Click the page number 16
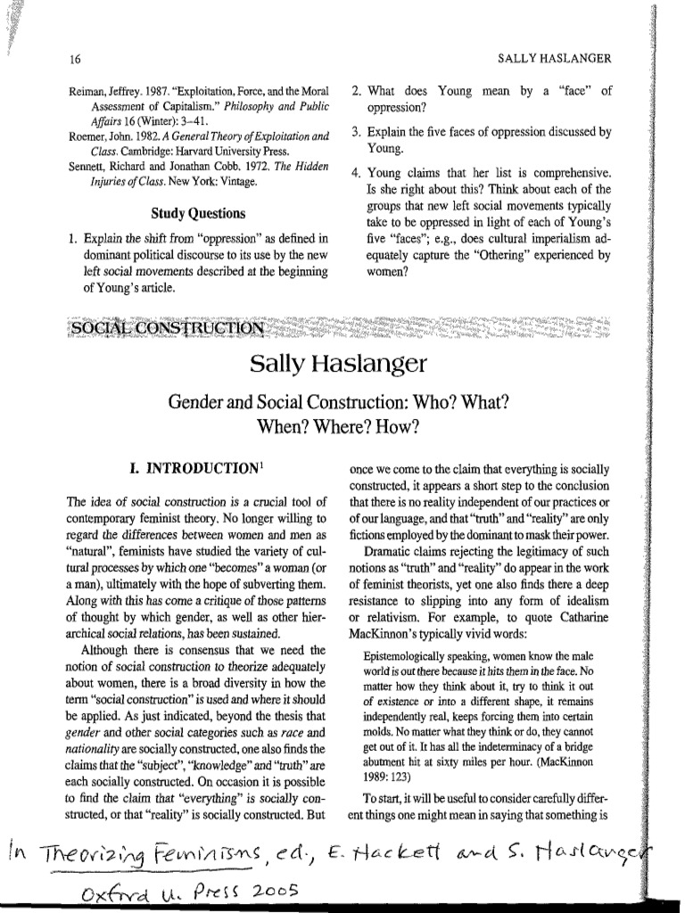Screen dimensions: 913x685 [76, 60]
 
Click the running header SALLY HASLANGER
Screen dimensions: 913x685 [553, 60]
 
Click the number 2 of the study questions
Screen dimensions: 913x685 [356, 90]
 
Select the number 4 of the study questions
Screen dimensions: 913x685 [356, 173]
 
